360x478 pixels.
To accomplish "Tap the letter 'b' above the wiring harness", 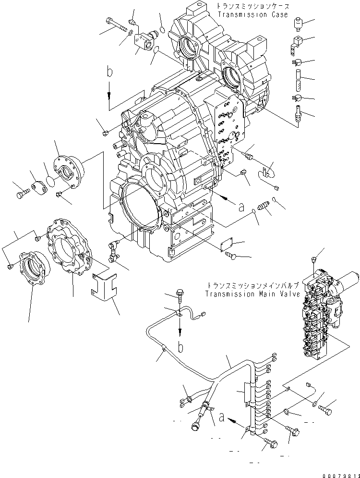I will pyautogui.click(x=180, y=345).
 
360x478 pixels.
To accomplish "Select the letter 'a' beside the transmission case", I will pyautogui.click(x=241, y=207).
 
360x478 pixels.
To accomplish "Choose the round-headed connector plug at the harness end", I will pyautogui.click(x=196, y=426).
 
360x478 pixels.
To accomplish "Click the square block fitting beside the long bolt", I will pyautogui.click(x=143, y=40).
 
